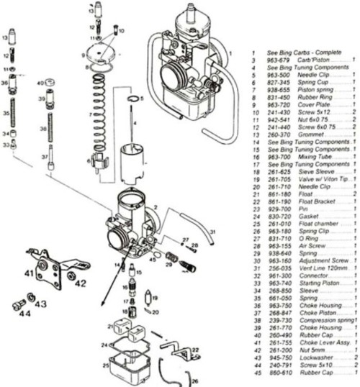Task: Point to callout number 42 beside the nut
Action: tap(80, 283)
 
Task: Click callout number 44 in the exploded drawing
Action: tap(24, 314)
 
